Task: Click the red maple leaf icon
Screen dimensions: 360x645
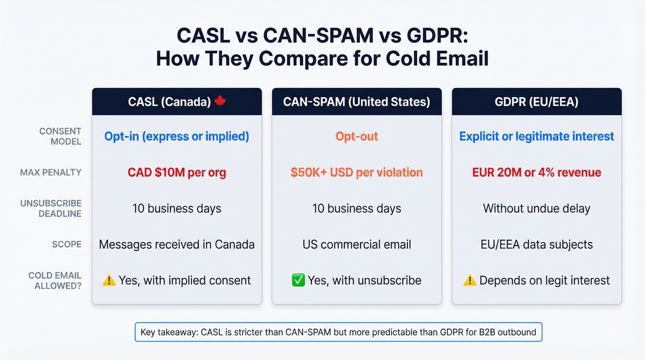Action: (220, 101)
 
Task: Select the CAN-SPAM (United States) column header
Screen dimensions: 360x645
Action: (357, 102)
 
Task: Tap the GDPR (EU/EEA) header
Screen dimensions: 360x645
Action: (536, 102)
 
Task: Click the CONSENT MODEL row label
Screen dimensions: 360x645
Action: (60, 136)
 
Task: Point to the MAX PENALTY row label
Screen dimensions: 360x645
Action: (51, 172)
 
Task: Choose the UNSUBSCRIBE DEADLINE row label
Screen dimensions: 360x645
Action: (51, 208)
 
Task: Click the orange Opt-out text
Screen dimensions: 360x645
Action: (357, 136)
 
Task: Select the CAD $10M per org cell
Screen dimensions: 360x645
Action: (177, 172)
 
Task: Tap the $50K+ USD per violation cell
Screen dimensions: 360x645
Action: (357, 172)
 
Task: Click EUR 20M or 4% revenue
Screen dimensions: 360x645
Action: (536, 172)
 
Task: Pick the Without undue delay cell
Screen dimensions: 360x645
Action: (536, 208)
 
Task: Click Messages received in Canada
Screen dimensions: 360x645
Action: (177, 244)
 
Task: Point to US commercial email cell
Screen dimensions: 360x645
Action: (357, 244)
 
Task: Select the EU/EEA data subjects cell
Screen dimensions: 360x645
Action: (536, 244)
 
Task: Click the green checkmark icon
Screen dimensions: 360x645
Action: (299, 280)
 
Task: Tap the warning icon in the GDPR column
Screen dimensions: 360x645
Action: (470, 280)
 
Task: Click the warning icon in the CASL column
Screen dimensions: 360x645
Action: (109, 280)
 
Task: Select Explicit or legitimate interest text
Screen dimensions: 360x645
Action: (536, 136)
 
